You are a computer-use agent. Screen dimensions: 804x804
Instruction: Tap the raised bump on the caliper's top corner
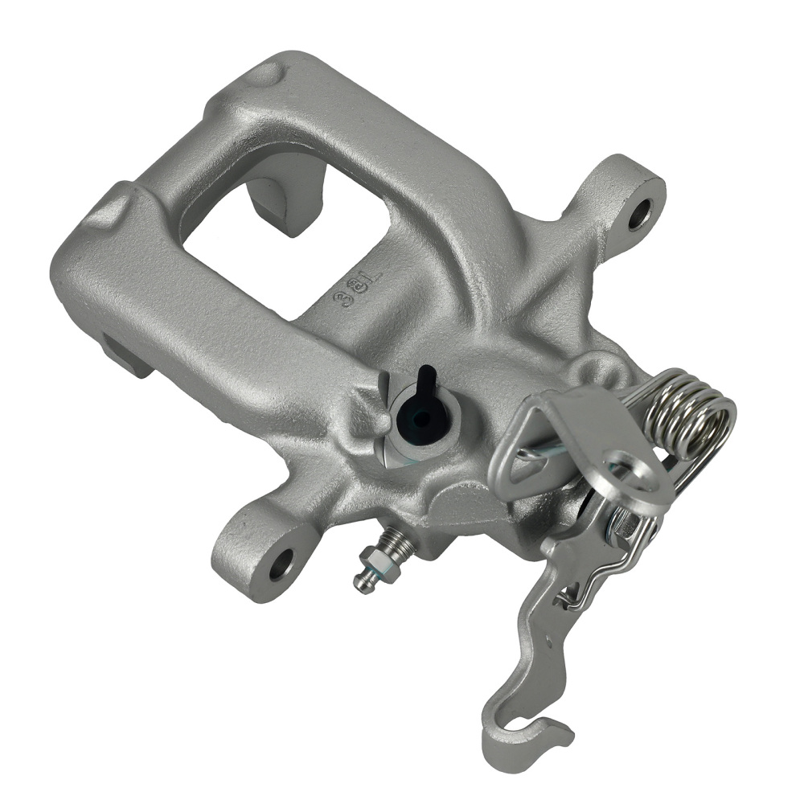(x=265, y=74)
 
